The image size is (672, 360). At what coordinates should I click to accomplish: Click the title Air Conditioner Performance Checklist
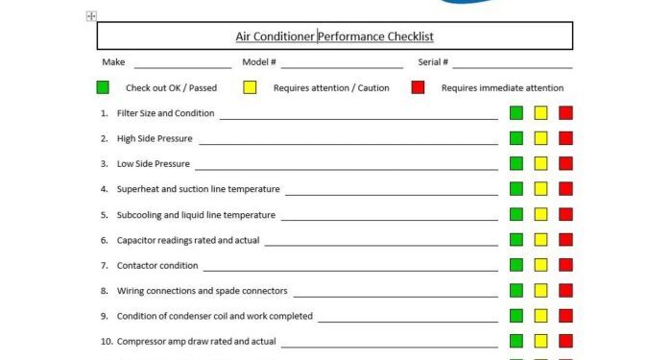[x=335, y=36]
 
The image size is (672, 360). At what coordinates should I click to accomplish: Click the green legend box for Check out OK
[x=103, y=87]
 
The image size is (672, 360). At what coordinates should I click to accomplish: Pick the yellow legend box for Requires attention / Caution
[x=250, y=87]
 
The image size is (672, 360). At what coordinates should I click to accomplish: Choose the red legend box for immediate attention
[x=418, y=87]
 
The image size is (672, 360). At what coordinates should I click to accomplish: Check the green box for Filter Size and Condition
[x=516, y=113]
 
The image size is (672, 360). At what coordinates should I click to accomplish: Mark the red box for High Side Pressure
[x=565, y=138]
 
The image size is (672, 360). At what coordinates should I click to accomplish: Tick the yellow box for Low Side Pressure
[x=540, y=163]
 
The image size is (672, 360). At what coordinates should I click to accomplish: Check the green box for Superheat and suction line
[x=516, y=189]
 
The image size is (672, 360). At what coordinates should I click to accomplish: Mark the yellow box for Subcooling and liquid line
[x=540, y=214]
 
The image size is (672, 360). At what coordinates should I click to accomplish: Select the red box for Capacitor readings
[x=565, y=239]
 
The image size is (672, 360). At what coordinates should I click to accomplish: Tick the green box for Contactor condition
[x=516, y=265]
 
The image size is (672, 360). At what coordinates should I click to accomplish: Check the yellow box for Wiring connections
[x=540, y=290]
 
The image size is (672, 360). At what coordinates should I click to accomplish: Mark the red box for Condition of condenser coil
[x=565, y=315]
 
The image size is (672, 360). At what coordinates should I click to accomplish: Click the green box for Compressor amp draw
[x=516, y=340]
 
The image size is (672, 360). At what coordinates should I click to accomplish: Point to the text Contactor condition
[x=157, y=265]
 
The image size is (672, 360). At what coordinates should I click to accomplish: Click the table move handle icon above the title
[x=91, y=16]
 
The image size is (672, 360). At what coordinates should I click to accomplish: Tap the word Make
[x=113, y=62]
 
